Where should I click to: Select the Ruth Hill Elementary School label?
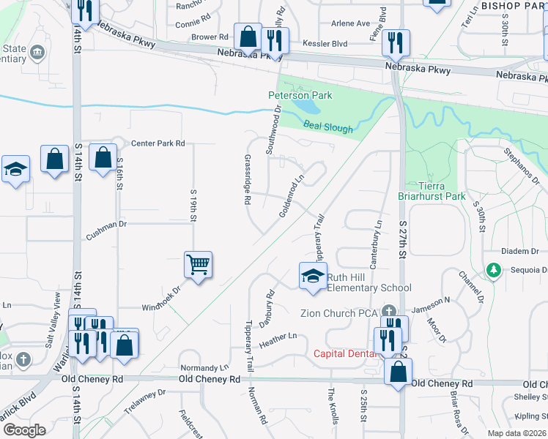tap(369, 282)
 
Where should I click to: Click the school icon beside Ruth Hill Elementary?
tap(312, 277)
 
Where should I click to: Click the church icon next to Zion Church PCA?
tap(389, 310)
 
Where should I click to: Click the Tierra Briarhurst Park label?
tap(432, 191)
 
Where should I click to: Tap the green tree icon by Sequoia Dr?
tap(494, 271)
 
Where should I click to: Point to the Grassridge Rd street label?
tap(248, 179)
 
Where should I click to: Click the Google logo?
tap(24, 429)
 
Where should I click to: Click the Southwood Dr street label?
tap(273, 130)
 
